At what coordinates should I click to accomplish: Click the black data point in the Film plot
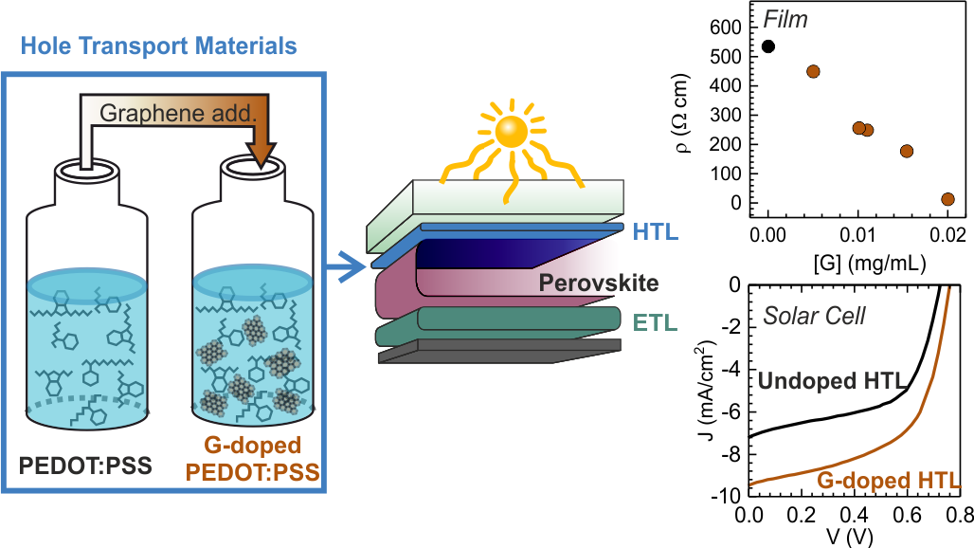pos(768,46)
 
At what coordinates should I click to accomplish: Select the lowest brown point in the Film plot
pos(947,199)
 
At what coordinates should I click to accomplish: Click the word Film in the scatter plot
pos(791,17)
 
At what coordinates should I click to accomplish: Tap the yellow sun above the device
pos(511,133)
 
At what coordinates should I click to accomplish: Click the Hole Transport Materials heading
pos(158,46)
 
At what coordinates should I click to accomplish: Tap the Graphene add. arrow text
pos(178,116)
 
